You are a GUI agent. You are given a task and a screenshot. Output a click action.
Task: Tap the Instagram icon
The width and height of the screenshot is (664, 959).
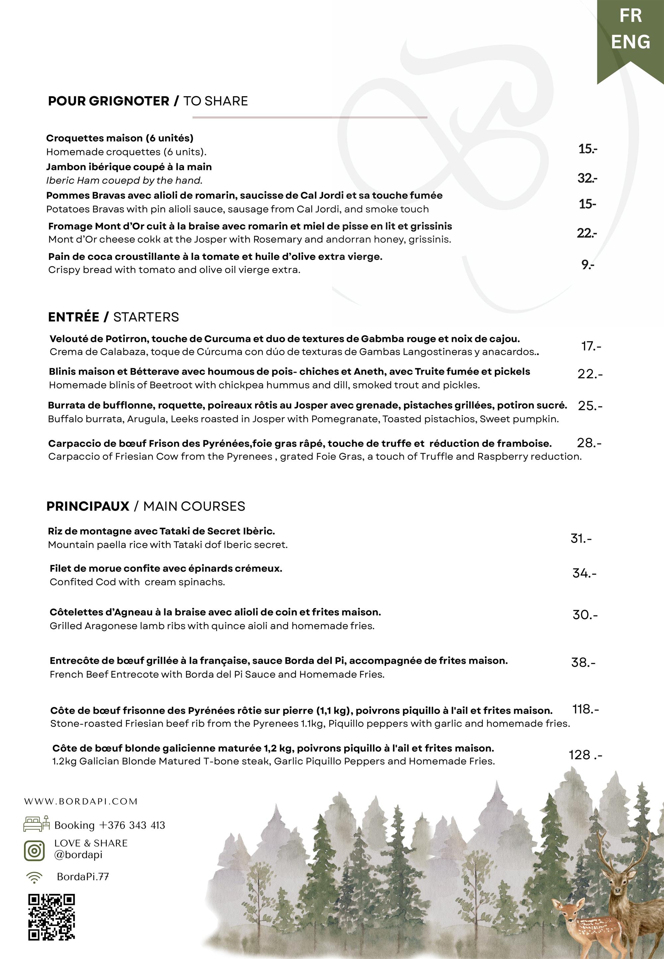click(34, 850)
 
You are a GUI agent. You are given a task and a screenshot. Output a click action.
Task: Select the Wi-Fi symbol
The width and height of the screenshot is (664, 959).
click(34, 877)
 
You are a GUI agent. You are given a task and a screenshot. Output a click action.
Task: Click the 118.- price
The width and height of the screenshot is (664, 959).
click(585, 709)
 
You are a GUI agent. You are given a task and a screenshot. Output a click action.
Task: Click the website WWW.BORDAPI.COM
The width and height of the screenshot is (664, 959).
click(81, 801)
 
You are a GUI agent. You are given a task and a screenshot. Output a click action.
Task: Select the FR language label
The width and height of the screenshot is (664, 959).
click(630, 16)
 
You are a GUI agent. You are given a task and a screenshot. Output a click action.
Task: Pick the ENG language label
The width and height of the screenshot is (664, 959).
click(630, 42)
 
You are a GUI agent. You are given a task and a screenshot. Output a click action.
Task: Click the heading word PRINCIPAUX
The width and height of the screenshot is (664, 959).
click(88, 506)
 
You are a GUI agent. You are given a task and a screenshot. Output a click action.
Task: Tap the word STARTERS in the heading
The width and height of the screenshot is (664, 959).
click(146, 317)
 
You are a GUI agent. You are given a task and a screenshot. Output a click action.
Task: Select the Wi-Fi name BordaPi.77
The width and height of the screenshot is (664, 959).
click(83, 877)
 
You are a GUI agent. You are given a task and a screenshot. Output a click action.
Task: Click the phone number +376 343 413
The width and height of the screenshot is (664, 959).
click(132, 825)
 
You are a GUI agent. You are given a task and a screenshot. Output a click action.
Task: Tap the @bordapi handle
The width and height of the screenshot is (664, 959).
click(78, 854)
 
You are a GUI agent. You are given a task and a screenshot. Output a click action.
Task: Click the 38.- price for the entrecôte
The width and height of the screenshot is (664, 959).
click(583, 662)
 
